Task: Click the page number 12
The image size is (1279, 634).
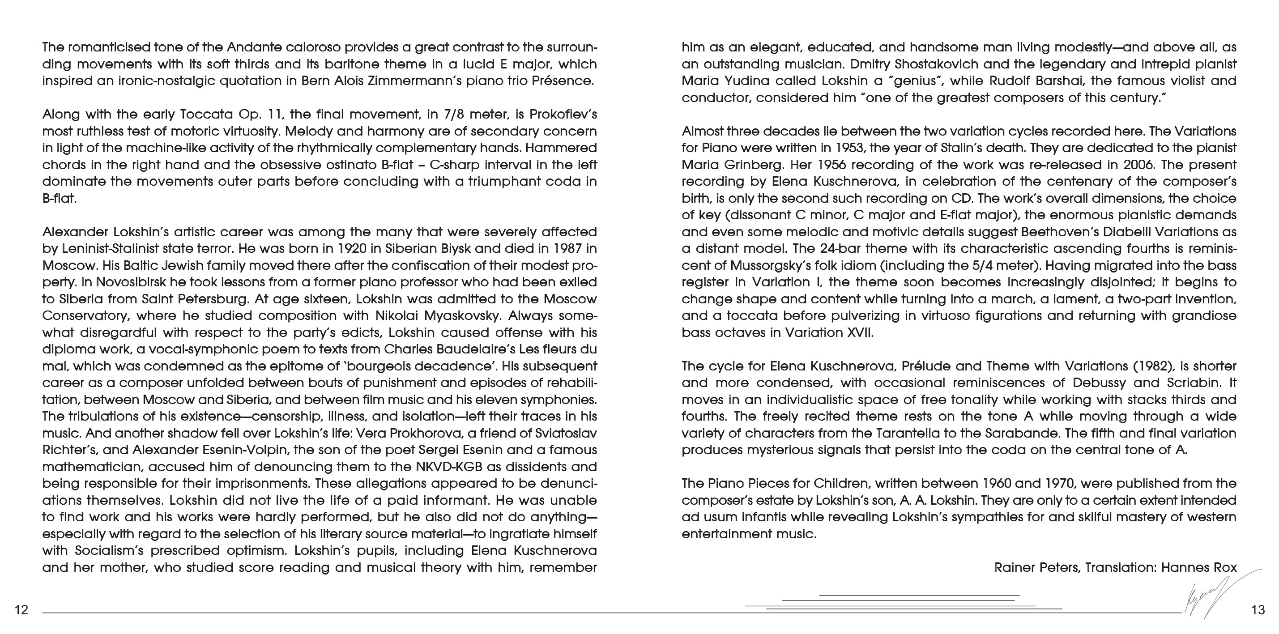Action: (21, 610)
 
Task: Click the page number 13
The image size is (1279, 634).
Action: (1258, 610)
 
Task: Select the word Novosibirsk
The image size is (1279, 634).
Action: (130, 282)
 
